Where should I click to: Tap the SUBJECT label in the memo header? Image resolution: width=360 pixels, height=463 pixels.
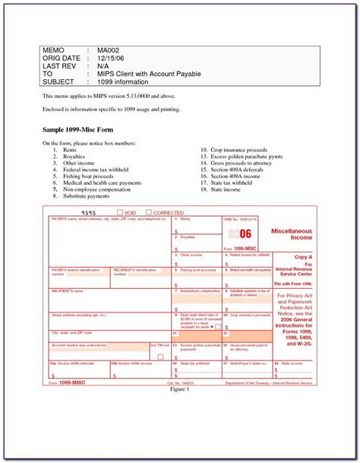(x=61, y=83)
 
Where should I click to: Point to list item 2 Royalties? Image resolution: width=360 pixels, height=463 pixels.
(x=74, y=156)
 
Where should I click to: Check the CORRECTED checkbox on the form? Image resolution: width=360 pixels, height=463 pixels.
(x=149, y=213)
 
